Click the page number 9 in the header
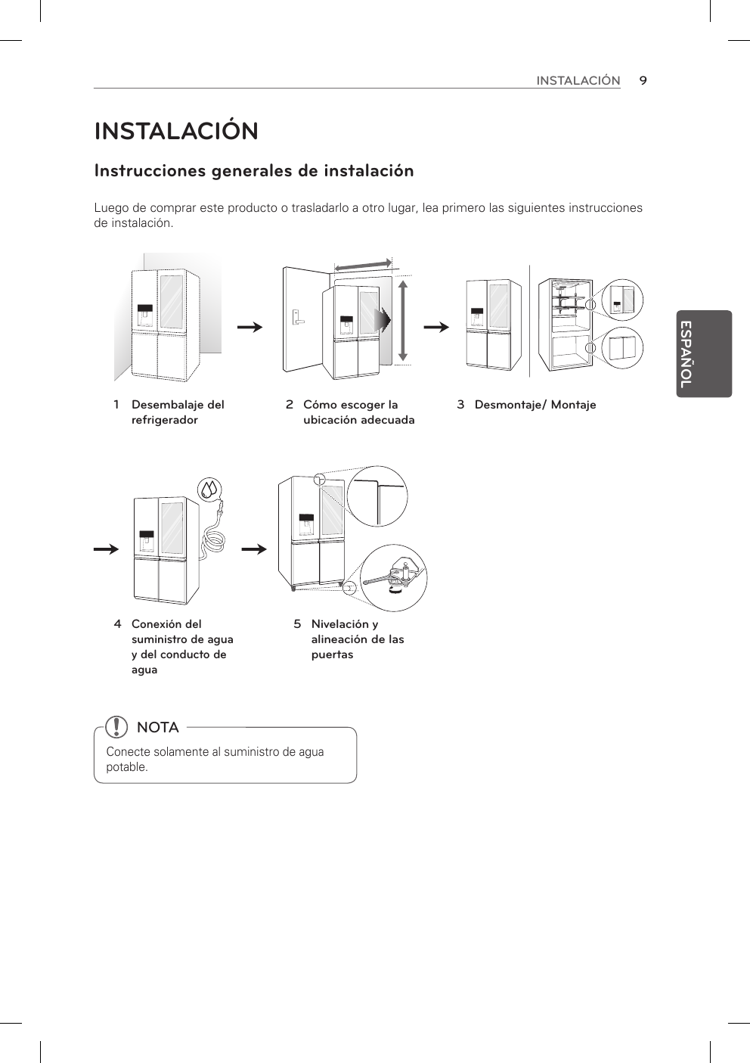click(x=642, y=80)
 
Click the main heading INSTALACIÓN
click(x=176, y=131)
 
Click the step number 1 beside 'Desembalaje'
click(x=116, y=405)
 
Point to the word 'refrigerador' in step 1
click(x=165, y=420)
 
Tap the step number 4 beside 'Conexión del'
click(x=117, y=624)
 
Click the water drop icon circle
click(x=209, y=490)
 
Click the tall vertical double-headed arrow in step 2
click(x=403, y=319)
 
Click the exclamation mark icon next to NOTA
click(x=117, y=727)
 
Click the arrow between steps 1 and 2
click(x=249, y=328)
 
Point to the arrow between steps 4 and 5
click(x=256, y=548)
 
